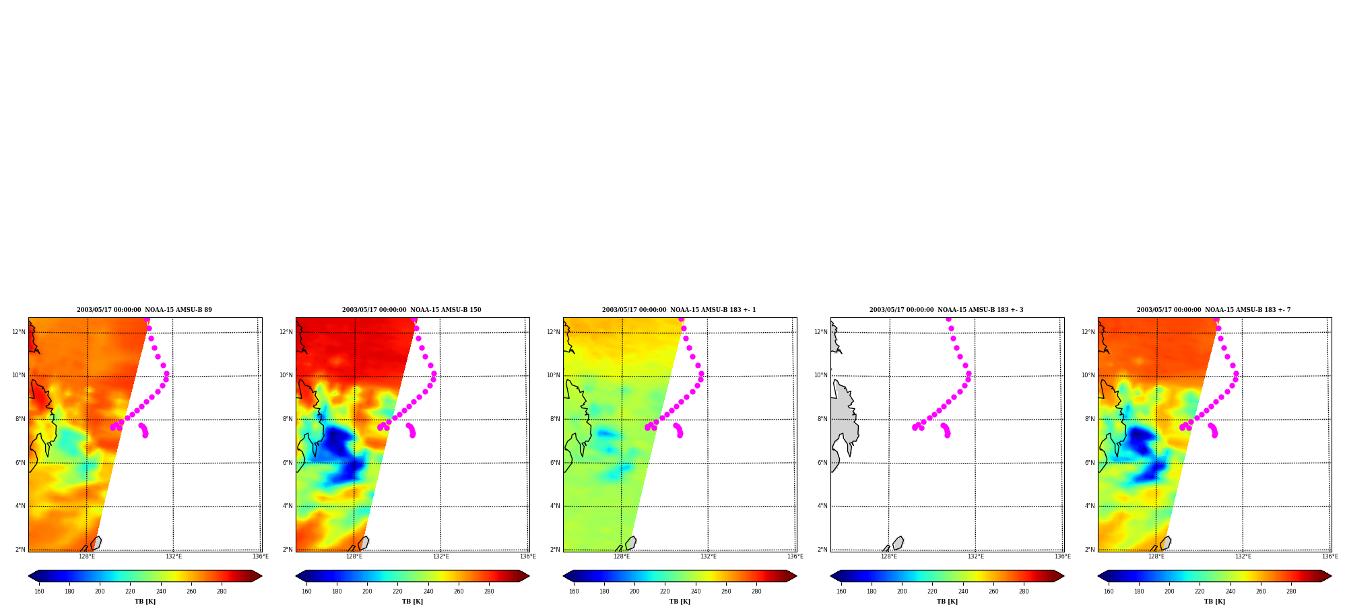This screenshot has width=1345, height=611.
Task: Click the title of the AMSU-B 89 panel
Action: pos(144,310)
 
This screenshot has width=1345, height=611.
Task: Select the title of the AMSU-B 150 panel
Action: pos(412,310)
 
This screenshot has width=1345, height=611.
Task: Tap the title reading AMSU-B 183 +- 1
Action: pos(679,310)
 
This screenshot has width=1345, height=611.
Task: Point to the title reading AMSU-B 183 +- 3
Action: pos(946,310)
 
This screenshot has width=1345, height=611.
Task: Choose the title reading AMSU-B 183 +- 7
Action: pos(1214,310)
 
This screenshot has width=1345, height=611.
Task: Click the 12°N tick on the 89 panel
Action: pos(19,332)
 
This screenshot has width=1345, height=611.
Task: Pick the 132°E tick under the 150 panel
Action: pos(441,556)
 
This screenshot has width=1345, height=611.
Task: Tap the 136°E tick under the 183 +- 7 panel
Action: pos(1330,556)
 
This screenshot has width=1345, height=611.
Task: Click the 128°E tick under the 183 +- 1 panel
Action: pos(622,556)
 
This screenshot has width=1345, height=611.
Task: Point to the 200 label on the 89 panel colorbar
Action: pos(100,591)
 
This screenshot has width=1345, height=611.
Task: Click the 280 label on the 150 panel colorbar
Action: pos(489,591)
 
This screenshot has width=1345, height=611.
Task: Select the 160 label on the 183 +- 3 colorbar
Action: pos(841,591)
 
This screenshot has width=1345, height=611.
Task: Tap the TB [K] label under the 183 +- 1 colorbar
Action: pos(680,602)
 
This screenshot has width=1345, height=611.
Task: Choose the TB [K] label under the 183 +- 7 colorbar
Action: pos(1214,602)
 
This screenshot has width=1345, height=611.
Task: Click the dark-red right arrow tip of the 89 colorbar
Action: pos(261,576)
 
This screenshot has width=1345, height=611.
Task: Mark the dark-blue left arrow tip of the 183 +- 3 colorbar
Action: pos(831,576)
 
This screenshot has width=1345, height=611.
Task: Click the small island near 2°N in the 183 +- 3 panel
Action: pos(898,543)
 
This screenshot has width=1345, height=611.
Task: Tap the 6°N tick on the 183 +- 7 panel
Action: pos(1090,463)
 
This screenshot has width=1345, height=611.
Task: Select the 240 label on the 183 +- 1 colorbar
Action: pos(696,591)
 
